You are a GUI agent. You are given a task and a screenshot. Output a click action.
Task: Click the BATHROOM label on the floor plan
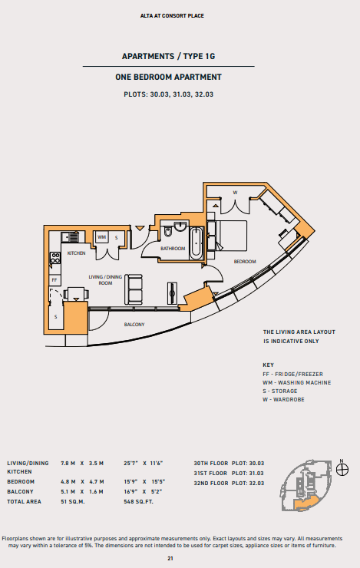coord(173,249)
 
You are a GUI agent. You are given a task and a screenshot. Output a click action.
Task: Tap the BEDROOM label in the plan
coord(245,262)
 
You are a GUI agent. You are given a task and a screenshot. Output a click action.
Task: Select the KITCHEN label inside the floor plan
coord(77,253)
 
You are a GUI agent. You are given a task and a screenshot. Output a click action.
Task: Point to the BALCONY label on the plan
coord(134,325)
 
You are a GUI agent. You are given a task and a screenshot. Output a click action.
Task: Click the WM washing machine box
coord(102,238)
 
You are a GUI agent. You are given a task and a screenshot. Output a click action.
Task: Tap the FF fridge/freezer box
coord(54,280)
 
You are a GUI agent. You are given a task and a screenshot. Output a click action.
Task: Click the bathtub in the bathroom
coord(196,243)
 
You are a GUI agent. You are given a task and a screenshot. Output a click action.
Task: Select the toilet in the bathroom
coord(167,231)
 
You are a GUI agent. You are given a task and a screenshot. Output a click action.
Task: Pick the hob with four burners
coord(55,258)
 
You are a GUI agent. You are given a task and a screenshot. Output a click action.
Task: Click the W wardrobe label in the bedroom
coord(235,193)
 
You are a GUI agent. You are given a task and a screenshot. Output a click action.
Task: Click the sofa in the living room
coord(134,289)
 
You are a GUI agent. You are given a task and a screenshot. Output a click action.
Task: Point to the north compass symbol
coord(342,470)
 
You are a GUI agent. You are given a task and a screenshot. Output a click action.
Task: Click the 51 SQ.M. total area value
coord(73,502)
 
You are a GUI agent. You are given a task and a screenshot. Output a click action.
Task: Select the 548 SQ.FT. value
coord(138,502)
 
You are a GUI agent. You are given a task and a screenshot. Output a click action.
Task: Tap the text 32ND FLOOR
coord(211,484)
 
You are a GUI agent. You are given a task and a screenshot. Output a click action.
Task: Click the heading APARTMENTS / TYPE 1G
coord(168,56)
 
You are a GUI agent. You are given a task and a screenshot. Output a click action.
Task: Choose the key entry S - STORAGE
coord(280,391)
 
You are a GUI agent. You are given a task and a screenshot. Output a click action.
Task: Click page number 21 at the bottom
coord(170,559)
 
